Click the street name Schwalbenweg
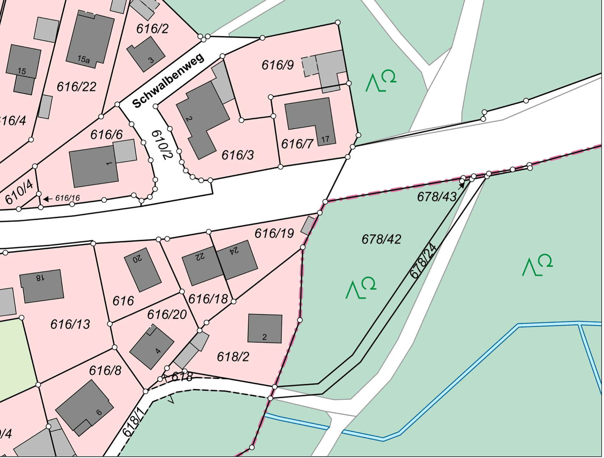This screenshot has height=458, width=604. pyautogui.click(x=168, y=81)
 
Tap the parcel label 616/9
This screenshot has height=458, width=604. pyautogui.click(x=278, y=65)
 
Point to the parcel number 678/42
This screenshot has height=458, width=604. pyautogui.click(x=381, y=239)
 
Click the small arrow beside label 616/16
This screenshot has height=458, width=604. pyautogui.click(x=47, y=198)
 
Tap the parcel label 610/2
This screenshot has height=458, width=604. pyautogui.click(x=162, y=145)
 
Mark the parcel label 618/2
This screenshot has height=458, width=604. pyautogui.click(x=233, y=357)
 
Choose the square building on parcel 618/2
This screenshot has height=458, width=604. pyautogui.click(x=265, y=328)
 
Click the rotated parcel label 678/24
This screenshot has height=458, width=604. pyautogui.click(x=423, y=261)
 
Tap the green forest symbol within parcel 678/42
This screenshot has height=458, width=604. pyautogui.click(x=361, y=288)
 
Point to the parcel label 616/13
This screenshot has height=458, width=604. pyautogui.click(x=70, y=324)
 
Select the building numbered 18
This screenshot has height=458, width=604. pyautogui.click(x=42, y=286)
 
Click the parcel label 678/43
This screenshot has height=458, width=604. pyautogui.click(x=437, y=196)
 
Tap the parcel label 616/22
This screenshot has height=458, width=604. pyautogui.click(x=76, y=87)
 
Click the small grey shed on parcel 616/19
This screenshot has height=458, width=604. pyautogui.click(x=308, y=226)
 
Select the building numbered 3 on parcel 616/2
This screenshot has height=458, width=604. pyautogui.click(x=146, y=54)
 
